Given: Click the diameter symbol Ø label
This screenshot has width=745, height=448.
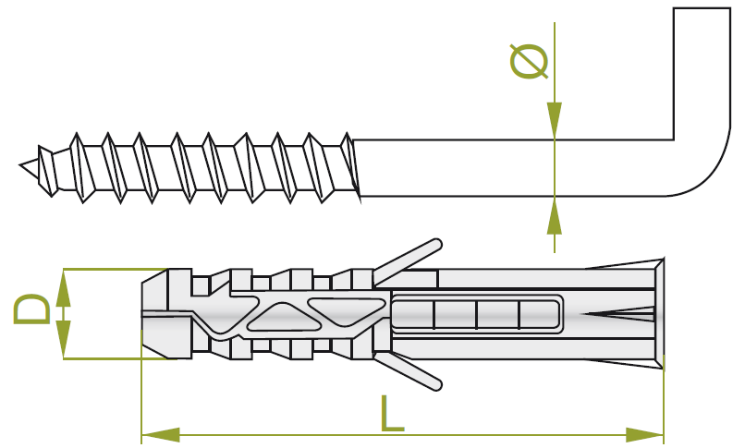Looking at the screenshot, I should pos(530,60).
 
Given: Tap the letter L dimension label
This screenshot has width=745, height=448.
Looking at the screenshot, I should pos(392,413).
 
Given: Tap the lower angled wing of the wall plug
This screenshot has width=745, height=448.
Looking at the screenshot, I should pos(407,369).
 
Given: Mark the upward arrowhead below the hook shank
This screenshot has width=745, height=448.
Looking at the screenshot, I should pos(554,214).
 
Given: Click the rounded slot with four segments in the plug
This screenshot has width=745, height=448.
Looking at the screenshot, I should pos(476,314).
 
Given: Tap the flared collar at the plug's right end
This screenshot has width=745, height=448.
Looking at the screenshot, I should pos(658,314).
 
